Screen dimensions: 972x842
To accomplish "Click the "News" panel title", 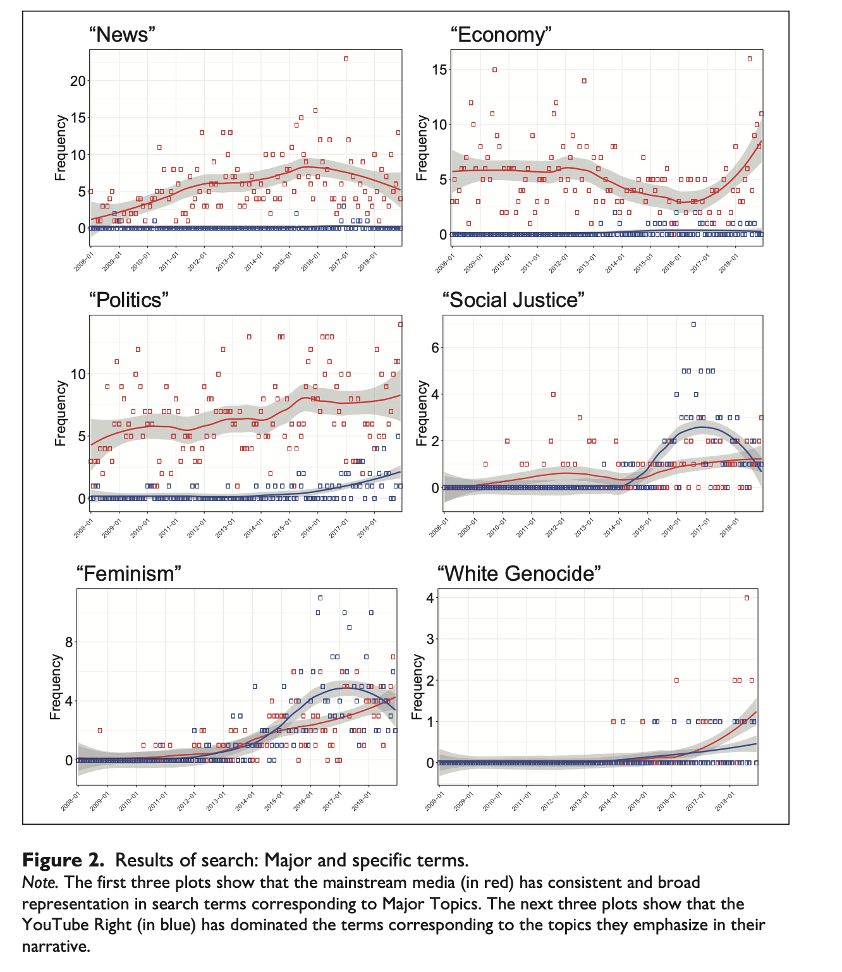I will tap(122, 34).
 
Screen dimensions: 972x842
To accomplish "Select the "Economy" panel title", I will tap(501, 34).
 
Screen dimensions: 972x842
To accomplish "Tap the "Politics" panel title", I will tap(129, 300).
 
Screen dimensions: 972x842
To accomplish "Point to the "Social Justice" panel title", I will tap(513, 300).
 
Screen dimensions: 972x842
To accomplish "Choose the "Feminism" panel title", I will tap(129, 573).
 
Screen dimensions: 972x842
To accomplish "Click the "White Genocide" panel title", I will tap(519, 573).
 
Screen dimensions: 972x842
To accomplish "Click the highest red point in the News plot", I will tap(346, 59).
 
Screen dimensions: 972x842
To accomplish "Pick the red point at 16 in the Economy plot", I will tap(750, 59).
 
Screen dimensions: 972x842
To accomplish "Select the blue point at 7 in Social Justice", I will tap(693, 324).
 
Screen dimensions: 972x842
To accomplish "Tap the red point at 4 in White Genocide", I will tap(747, 598).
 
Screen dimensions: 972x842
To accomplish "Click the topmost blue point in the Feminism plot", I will tap(320, 598).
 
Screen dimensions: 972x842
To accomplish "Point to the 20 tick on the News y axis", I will tap(78, 81).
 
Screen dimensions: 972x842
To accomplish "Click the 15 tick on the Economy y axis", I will tap(439, 70).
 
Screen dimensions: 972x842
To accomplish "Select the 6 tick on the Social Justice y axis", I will tap(436, 348).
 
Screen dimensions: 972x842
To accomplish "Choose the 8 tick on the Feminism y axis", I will tap(69, 642).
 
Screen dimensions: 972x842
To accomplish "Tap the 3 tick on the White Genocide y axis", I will tap(430, 639).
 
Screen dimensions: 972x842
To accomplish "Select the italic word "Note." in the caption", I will tap(40, 882).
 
